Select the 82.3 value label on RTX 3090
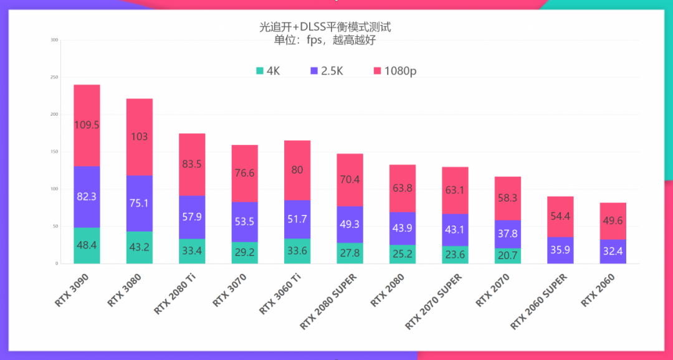pos(87,196)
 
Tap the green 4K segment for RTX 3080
pos(139,247)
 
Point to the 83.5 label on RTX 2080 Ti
pos(192,164)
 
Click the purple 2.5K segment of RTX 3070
pos(244,222)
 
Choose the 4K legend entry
pos(268,71)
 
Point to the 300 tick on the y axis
pos(54,40)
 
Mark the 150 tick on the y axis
pos(54,152)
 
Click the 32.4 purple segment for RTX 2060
pos(613,252)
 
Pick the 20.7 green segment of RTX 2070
pos(507,255)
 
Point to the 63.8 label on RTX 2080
pos(402,188)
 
